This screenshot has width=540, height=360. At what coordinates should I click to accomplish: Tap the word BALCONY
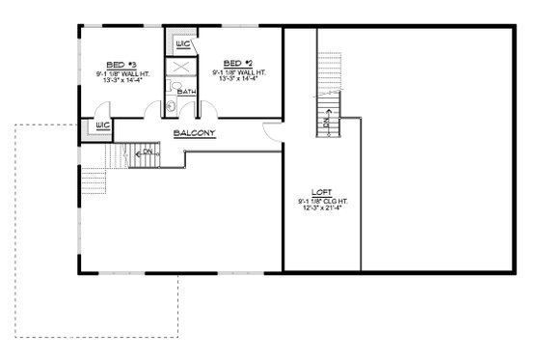coord(194,133)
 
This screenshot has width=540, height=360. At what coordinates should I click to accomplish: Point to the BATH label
coord(185,93)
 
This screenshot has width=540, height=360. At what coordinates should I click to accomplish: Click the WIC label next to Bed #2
coord(184,44)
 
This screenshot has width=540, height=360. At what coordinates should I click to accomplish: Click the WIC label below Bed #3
coord(101,126)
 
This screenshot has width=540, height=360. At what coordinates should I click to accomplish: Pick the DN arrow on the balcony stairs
coord(144,152)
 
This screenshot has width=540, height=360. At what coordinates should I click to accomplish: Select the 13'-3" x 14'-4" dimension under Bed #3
coord(114,79)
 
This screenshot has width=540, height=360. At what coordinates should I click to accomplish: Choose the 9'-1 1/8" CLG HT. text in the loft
coord(318,199)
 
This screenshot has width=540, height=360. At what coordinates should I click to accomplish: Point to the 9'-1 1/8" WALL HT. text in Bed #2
coord(240,71)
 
